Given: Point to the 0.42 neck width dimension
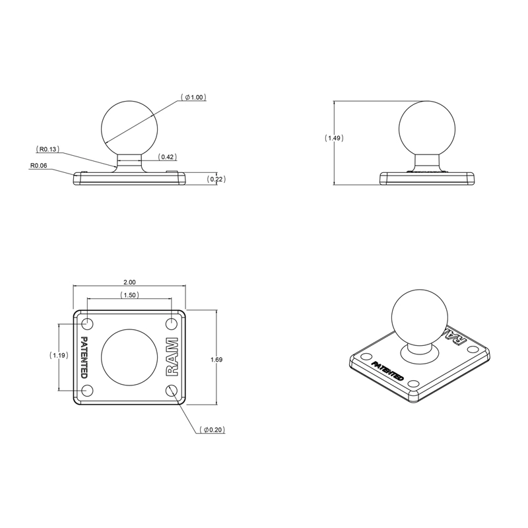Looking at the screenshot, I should (x=167, y=157).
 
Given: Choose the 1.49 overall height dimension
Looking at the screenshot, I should (x=335, y=139).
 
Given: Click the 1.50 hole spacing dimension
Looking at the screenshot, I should (x=129, y=295).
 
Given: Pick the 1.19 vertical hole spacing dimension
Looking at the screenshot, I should (x=59, y=355).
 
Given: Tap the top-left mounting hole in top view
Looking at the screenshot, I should (x=87, y=323).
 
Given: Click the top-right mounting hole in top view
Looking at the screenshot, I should (x=171, y=323).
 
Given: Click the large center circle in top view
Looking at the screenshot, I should (x=129, y=356).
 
